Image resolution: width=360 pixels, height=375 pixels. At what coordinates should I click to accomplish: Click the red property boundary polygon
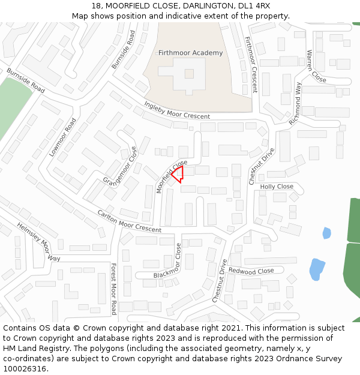click(178, 174)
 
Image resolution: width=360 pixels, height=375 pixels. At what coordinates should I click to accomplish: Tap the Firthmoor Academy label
click(190, 53)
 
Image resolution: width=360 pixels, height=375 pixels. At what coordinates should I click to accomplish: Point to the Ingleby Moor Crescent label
click(177, 110)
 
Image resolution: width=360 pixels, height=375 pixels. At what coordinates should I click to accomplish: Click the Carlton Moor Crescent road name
click(130, 221)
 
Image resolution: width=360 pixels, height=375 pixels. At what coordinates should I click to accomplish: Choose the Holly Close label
click(277, 187)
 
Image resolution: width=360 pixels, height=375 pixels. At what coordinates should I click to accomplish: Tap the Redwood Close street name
click(251, 271)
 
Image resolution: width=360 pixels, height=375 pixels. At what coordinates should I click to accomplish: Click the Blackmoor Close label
click(167, 260)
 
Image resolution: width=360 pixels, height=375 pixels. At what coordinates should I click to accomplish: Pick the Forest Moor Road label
click(113, 289)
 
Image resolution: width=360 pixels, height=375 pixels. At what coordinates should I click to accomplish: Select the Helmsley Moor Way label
click(38, 241)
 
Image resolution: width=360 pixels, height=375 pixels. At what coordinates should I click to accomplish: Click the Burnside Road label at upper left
click(26, 81)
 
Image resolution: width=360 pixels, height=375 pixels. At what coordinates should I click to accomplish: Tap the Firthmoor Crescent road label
click(250, 65)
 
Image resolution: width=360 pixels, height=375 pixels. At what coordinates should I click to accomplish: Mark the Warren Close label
click(316, 67)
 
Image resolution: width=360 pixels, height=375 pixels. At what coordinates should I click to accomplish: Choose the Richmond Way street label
click(295, 103)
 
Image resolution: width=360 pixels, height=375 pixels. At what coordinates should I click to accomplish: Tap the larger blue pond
click(316, 269)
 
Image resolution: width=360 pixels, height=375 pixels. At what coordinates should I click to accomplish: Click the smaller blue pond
click(326, 233)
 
